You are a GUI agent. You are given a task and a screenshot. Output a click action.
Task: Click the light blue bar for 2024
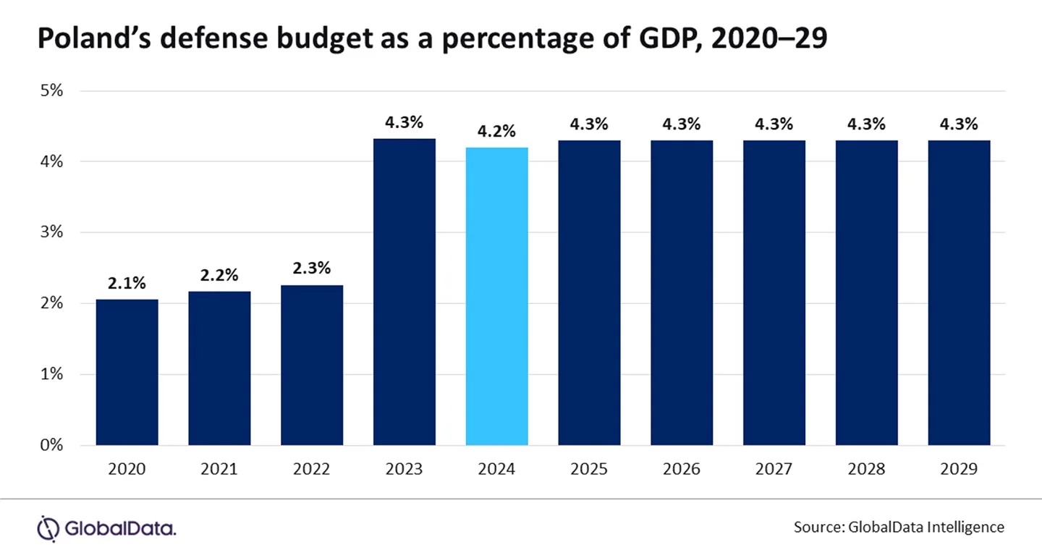497,296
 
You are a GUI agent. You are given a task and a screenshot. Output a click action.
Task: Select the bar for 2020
127,372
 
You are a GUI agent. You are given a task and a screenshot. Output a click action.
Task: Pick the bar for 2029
959,292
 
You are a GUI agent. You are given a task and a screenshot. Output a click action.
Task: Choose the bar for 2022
312,365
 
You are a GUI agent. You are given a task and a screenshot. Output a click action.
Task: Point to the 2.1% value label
127,284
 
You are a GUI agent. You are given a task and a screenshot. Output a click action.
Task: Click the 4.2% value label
497,132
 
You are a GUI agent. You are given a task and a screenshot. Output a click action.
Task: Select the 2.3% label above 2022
312,269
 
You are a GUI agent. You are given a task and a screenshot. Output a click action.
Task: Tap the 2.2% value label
219,276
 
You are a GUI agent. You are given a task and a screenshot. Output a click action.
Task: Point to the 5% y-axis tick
51,91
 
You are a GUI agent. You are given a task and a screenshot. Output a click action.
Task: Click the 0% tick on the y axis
51,445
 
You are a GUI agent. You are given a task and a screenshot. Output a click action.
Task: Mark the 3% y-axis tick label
51,233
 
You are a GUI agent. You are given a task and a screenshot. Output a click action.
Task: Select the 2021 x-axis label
219,469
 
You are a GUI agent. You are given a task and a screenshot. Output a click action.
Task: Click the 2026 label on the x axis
682,469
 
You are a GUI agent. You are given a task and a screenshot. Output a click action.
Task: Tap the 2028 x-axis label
866,469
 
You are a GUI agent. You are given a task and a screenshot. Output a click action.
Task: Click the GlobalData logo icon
47,528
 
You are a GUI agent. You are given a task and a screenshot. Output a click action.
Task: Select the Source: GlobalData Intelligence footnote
899,527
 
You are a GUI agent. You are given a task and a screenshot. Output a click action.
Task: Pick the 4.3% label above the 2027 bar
774,124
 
